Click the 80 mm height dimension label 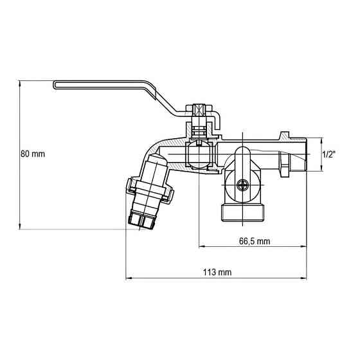coord(32,154)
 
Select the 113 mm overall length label coord(217,272)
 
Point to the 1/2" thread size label coord(329,154)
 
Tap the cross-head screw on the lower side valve coord(242,186)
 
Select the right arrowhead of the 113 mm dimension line coord(307,278)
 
